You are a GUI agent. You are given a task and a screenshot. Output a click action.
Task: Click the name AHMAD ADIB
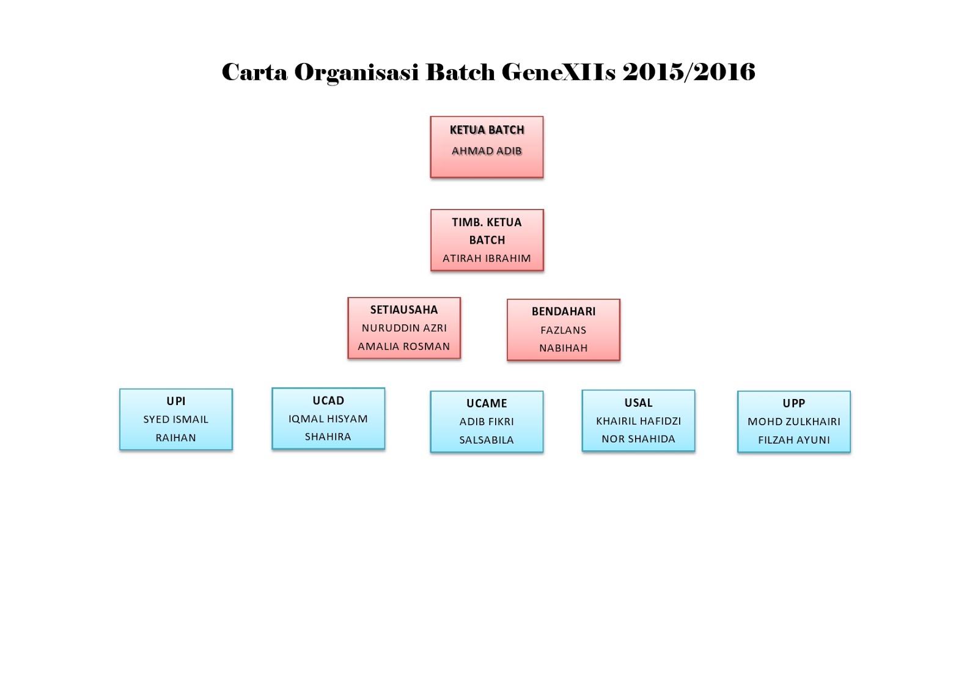click(487, 151)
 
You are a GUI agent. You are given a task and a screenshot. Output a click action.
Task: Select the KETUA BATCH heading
click(487, 130)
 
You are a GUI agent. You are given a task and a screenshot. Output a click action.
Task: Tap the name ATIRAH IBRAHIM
click(487, 258)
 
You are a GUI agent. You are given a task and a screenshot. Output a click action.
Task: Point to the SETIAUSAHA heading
click(404, 310)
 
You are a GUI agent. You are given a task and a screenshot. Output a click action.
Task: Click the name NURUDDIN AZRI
click(404, 328)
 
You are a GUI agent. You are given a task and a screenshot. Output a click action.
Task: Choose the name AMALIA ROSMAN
click(404, 346)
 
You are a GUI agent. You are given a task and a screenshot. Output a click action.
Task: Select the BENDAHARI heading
click(564, 312)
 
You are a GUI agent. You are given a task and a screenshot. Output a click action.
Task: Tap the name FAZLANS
click(564, 331)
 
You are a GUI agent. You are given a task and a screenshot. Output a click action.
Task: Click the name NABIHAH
click(564, 348)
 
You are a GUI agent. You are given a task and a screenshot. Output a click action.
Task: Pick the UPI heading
click(176, 401)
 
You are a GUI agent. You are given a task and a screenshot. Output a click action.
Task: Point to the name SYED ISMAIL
click(176, 420)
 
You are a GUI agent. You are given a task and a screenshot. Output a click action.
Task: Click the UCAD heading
click(328, 401)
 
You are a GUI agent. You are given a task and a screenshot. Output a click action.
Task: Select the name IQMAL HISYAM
click(328, 419)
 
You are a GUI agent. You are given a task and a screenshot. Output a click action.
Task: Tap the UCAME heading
click(487, 403)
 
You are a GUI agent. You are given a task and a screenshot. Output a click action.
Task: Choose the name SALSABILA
click(487, 440)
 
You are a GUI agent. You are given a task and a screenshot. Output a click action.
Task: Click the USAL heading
click(638, 403)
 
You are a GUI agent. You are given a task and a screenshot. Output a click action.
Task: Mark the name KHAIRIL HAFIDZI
click(638, 421)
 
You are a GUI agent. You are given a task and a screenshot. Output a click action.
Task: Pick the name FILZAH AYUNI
click(794, 440)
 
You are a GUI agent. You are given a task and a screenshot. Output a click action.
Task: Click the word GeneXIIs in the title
click(559, 72)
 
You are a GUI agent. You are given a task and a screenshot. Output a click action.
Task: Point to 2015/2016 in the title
click(689, 72)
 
